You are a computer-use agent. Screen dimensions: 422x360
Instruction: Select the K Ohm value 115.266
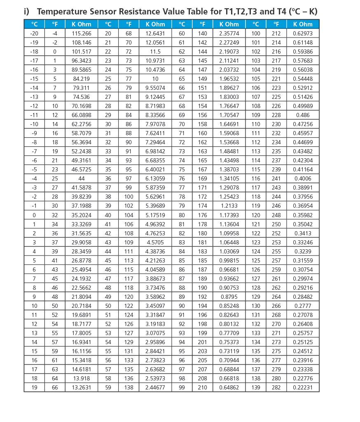point(82,33)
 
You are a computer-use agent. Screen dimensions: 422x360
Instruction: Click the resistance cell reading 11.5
point(155,52)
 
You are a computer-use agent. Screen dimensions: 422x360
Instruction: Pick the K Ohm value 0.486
point(303,115)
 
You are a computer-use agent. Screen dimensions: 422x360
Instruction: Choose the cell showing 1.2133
point(229,206)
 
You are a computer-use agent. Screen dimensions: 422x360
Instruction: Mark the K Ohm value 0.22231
point(303,387)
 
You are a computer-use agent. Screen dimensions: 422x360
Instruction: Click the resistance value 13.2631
point(82,387)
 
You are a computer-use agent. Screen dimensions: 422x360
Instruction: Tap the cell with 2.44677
point(155,387)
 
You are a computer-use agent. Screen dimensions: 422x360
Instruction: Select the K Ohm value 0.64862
point(229,387)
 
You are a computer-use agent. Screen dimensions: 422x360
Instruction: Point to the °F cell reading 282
point(276,387)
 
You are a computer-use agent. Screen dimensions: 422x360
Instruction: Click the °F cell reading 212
point(276,33)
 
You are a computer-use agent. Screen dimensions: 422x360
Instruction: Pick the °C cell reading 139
point(256,387)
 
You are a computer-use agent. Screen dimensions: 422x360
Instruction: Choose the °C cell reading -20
point(34,33)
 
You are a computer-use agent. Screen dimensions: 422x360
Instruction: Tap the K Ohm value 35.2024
point(82,215)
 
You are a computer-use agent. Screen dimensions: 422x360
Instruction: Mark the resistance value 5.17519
point(155,215)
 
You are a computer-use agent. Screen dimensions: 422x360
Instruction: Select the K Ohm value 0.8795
point(229,297)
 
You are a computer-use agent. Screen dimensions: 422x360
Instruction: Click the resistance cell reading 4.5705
point(155,242)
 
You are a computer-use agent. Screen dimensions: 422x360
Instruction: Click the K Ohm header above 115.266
point(82,24)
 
